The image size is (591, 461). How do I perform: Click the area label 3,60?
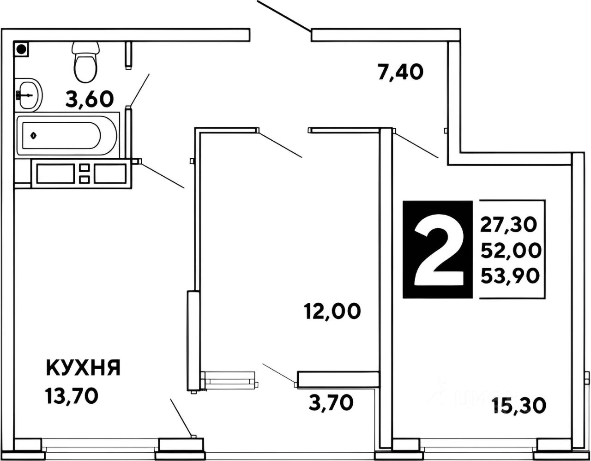tap(90, 99)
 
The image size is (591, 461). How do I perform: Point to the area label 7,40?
tap(400, 72)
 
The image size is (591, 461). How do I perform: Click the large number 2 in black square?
tap(438, 250)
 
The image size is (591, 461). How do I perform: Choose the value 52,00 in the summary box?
tap(510, 251)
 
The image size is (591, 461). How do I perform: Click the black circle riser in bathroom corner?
tap(21, 48)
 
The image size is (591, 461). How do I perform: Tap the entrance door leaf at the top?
tap(283, 17)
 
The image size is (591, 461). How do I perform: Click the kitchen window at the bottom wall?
tap(100, 446)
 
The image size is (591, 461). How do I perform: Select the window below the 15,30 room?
tap(479, 446)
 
